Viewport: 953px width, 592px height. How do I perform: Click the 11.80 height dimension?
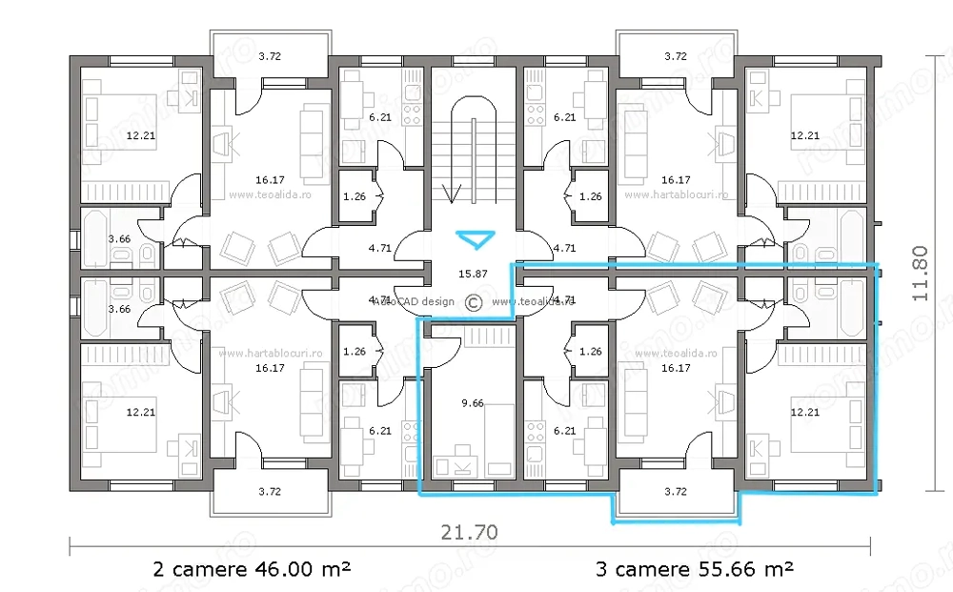pyautogui.click(x=920, y=273)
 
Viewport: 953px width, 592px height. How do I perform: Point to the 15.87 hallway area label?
pyautogui.click(x=473, y=275)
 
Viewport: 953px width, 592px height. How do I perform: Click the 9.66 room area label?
pyautogui.click(x=472, y=403)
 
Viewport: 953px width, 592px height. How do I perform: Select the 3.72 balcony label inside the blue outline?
pyautogui.click(x=675, y=492)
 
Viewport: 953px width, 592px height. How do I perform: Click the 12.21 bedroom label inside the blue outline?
pyautogui.click(x=805, y=412)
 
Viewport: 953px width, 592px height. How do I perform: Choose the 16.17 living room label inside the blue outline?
pyautogui.click(x=675, y=367)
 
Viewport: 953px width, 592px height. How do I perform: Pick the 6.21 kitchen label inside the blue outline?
pyautogui.click(x=564, y=431)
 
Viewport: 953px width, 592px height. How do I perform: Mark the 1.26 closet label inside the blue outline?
pyautogui.click(x=591, y=351)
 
